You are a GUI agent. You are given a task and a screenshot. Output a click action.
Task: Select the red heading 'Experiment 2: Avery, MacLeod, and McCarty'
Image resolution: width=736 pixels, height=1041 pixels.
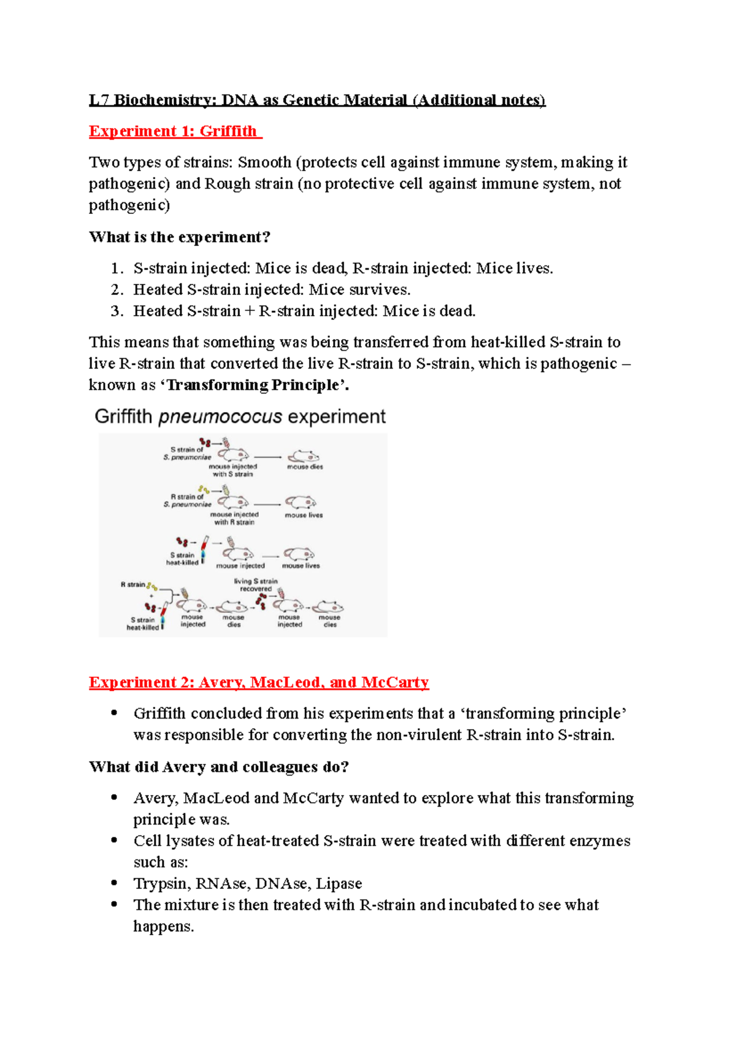pyautogui.click(x=258, y=682)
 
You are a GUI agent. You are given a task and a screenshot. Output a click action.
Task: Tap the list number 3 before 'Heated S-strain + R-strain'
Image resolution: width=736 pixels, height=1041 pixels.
pyautogui.click(x=117, y=311)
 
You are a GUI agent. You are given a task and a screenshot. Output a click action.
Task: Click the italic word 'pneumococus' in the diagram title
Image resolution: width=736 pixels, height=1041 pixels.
pyautogui.click(x=220, y=417)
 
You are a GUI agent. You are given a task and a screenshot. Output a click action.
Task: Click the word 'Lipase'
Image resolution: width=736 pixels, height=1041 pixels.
pyautogui.click(x=340, y=883)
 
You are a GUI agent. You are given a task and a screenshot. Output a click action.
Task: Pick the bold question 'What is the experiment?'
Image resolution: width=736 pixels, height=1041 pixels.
pyautogui.click(x=180, y=237)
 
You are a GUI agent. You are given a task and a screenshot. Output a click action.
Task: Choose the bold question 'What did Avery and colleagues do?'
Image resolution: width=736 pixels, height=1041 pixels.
pyautogui.click(x=218, y=767)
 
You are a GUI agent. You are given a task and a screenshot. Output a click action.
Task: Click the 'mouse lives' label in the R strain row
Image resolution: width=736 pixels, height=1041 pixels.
pyautogui.click(x=304, y=515)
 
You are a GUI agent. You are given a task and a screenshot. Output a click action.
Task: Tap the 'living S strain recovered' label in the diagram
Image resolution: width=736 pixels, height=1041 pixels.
pyautogui.click(x=256, y=585)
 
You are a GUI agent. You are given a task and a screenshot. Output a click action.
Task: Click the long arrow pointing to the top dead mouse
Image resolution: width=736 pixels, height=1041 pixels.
pyautogui.click(x=268, y=457)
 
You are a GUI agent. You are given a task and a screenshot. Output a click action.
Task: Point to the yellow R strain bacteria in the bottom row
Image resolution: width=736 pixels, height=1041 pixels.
pyautogui.click(x=151, y=586)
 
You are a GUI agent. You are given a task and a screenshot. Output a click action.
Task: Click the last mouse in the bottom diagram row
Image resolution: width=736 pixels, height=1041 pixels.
pyautogui.click(x=328, y=607)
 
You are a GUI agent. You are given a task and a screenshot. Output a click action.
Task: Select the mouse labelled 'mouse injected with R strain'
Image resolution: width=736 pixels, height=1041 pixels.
pyautogui.click(x=233, y=502)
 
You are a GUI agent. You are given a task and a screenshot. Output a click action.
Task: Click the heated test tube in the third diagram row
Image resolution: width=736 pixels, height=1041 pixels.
pyautogui.click(x=204, y=549)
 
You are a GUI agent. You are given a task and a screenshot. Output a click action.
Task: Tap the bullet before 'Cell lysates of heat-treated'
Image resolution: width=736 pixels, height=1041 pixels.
pyautogui.click(x=114, y=841)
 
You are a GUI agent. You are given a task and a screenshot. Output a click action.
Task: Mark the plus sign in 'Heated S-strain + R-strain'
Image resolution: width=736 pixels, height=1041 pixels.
pyautogui.click(x=249, y=311)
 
